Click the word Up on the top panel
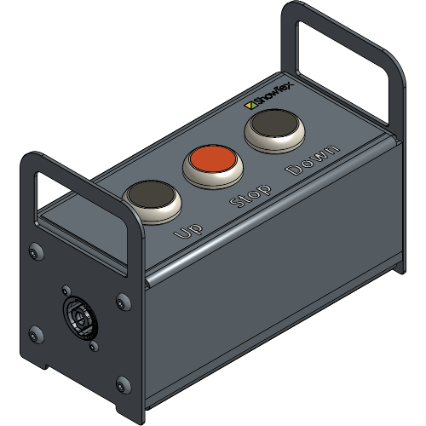point(187,229)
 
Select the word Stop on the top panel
point(250,195)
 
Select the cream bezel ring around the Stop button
point(210,174)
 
